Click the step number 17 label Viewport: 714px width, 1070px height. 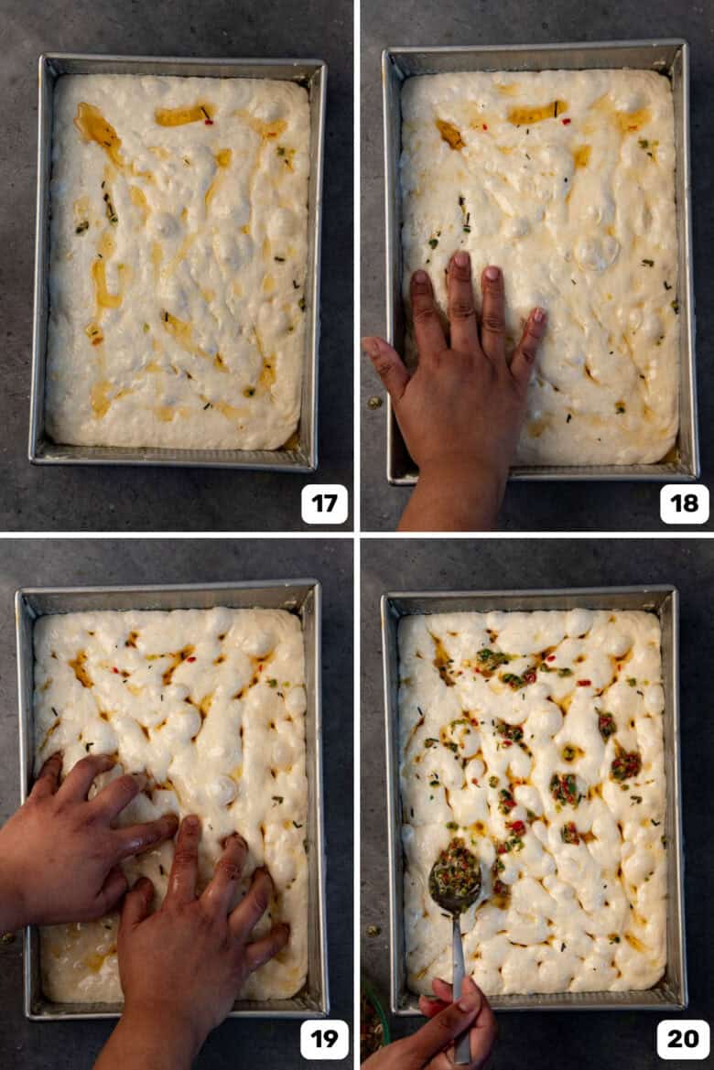coord(324,503)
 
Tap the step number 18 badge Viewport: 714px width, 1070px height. coord(684,503)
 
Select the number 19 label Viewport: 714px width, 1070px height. coord(324,1039)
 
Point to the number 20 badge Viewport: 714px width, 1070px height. coord(683,1039)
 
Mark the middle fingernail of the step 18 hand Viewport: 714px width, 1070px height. coord(461,260)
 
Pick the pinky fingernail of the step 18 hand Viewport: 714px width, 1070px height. coord(538,315)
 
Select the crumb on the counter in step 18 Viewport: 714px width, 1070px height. coord(374,402)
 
